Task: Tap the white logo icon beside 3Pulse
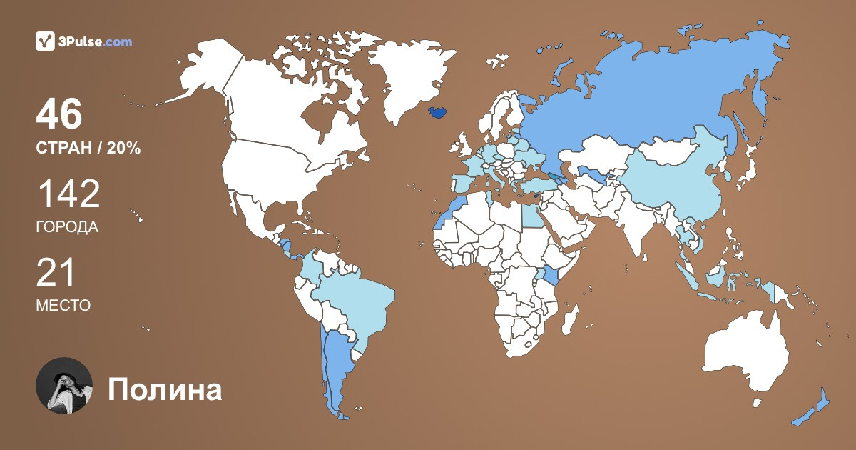[45, 41]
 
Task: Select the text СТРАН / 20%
[88, 149]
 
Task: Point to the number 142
[68, 194]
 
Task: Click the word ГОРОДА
[67, 227]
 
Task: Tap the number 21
[56, 274]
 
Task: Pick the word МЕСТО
[63, 306]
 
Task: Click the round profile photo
[64, 386]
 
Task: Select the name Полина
[165, 390]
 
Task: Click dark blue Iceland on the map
[438, 112]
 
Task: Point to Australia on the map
[745, 357]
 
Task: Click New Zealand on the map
[813, 411]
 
